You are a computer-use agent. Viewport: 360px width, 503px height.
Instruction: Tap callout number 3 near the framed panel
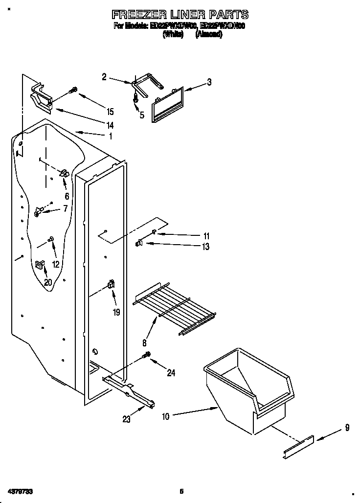click(209, 82)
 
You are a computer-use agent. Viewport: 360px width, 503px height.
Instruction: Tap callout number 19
click(116, 312)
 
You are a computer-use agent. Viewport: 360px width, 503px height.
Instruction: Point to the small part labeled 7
click(39, 211)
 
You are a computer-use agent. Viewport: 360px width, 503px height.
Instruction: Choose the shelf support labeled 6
click(63, 173)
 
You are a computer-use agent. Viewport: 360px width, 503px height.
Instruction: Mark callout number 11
click(206, 236)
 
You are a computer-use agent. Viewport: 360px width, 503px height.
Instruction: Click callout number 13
click(206, 247)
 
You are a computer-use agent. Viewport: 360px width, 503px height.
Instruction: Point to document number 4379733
click(21, 491)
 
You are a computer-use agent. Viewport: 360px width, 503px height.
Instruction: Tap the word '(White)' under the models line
click(173, 35)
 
